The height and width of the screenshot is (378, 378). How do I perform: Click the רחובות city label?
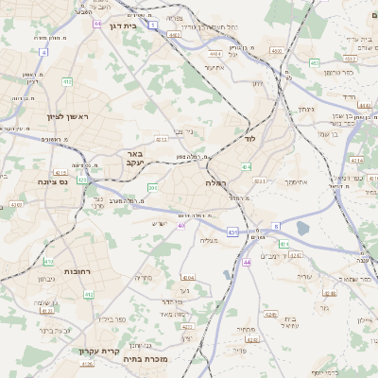77,271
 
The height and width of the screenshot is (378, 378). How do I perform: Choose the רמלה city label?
216,181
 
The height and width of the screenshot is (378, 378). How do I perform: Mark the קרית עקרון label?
97,351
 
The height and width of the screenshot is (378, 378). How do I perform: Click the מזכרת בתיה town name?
171,359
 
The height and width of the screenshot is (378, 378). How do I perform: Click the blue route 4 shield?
43,52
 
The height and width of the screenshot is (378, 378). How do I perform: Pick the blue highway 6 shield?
276,226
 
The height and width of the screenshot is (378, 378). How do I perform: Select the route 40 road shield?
180,225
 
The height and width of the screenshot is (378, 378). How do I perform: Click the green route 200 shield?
152,188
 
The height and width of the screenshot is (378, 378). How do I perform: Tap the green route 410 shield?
49,262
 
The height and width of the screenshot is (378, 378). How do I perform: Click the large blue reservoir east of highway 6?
302,227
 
